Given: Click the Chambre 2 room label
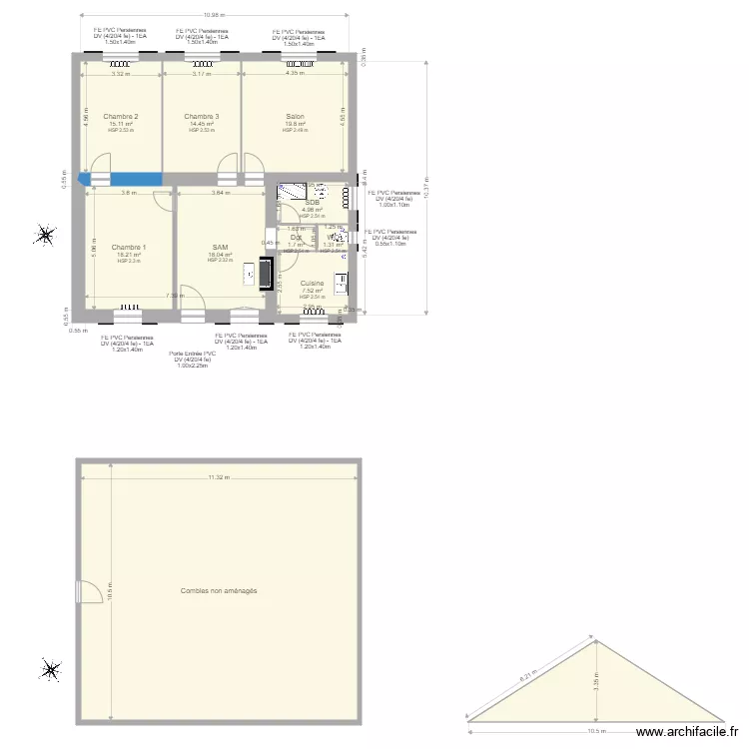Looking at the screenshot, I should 121,117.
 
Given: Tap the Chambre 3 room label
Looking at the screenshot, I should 202,117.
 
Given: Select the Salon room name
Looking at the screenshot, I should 295,117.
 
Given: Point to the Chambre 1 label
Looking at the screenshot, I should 129,247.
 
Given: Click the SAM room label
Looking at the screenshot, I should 220,247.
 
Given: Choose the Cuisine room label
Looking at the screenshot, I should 312,284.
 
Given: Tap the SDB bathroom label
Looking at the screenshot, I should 312,202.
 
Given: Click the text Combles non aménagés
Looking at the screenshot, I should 219,591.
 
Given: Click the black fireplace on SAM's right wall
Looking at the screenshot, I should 265,274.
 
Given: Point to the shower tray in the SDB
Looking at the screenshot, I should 293,191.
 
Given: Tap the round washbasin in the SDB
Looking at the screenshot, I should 322,193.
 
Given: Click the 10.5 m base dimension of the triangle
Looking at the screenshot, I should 596,730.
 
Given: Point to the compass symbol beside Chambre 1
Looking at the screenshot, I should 45,236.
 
